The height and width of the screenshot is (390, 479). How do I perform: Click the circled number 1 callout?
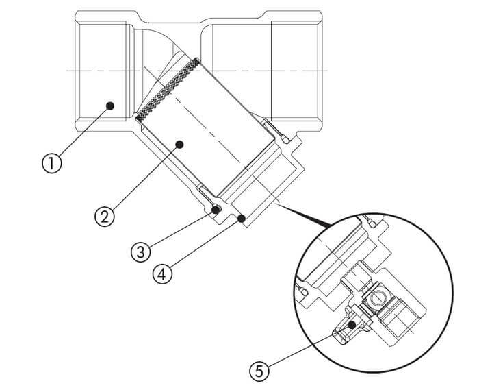(51, 163)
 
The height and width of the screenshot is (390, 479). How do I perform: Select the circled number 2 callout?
(105, 217)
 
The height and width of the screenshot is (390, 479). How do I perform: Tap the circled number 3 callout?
(141, 252)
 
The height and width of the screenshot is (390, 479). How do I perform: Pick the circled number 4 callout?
(162, 273)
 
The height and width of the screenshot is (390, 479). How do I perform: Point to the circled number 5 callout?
(259, 371)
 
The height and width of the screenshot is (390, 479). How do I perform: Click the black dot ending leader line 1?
(110, 106)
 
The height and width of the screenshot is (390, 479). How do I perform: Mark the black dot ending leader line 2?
(179, 145)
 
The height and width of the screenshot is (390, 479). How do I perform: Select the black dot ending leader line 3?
(216, 210)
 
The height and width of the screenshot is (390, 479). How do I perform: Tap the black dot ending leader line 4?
(242, 219)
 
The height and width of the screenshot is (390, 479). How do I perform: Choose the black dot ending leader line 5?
(352, 324)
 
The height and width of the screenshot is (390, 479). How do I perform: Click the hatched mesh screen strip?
(168, 89)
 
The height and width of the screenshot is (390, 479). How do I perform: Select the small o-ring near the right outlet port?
(285, 140)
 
